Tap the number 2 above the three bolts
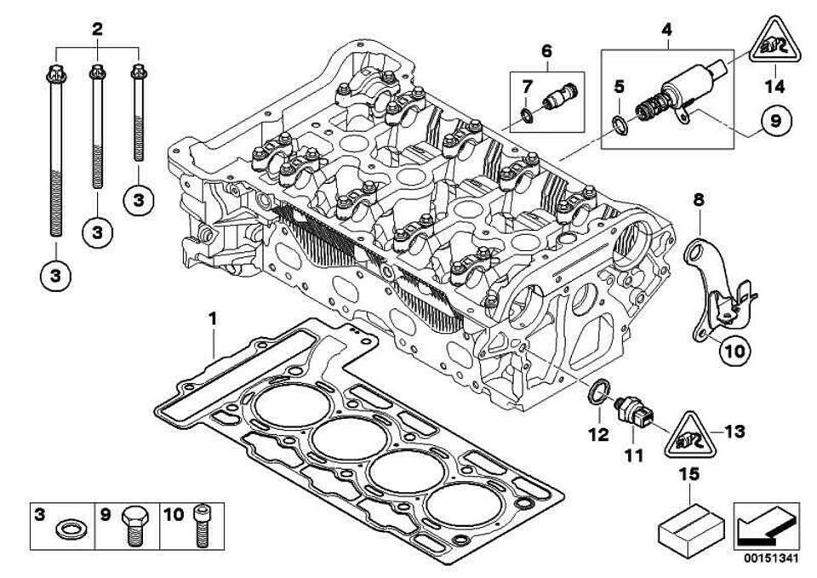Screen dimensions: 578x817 pyautogui.click(x=98, y=29)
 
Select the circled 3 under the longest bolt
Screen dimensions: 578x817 pyautogui.click(x=54, y=276)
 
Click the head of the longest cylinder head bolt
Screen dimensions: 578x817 pyautogui.click(x=55, y=72)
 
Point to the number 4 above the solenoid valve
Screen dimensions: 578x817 pyautogui.click(x=666, y=30)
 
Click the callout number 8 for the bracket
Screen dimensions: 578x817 pyautogui.click(x=698, y=202)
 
